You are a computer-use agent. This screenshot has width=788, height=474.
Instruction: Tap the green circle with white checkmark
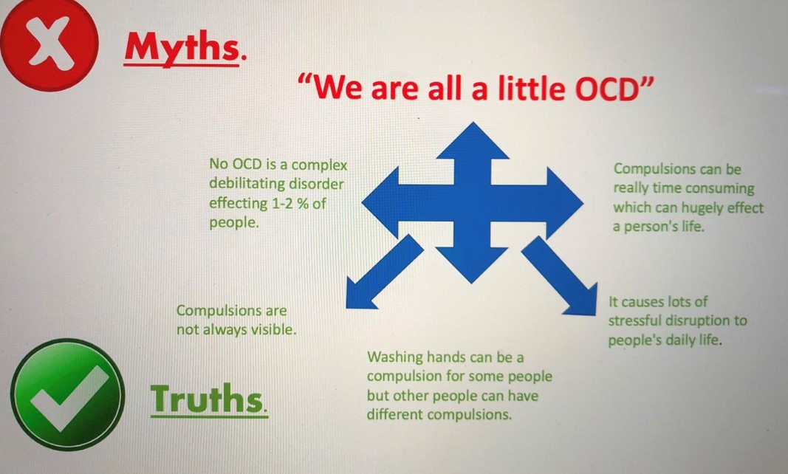coord(67,394)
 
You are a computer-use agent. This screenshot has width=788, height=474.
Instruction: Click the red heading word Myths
coord(182,48)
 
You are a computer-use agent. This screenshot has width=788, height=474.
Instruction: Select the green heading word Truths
coord(207,399)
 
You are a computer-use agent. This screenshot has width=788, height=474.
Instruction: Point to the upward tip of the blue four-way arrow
coord(473,123)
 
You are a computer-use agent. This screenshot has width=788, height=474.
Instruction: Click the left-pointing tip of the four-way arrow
coord(363,203)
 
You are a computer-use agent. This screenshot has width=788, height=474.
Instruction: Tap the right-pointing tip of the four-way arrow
coord(583,204)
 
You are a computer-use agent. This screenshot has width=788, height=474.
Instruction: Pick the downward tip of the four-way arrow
coord(471,283)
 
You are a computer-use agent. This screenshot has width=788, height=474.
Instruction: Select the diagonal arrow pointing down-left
coord(385,272)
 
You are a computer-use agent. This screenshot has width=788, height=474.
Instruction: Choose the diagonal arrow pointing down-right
coord(559,275)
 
